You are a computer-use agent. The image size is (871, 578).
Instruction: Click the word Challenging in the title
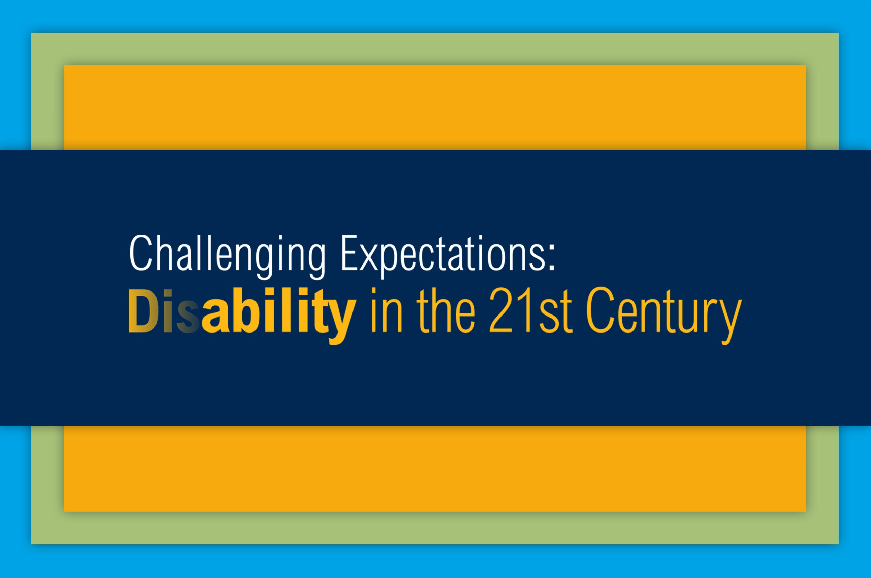pos(227,257)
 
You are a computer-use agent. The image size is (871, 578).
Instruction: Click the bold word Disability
pos(242,316)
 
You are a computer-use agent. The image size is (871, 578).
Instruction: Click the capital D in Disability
pos(143,311)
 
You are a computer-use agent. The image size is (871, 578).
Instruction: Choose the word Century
pos(664,316)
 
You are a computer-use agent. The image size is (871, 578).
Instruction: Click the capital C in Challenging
pos(141,253)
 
